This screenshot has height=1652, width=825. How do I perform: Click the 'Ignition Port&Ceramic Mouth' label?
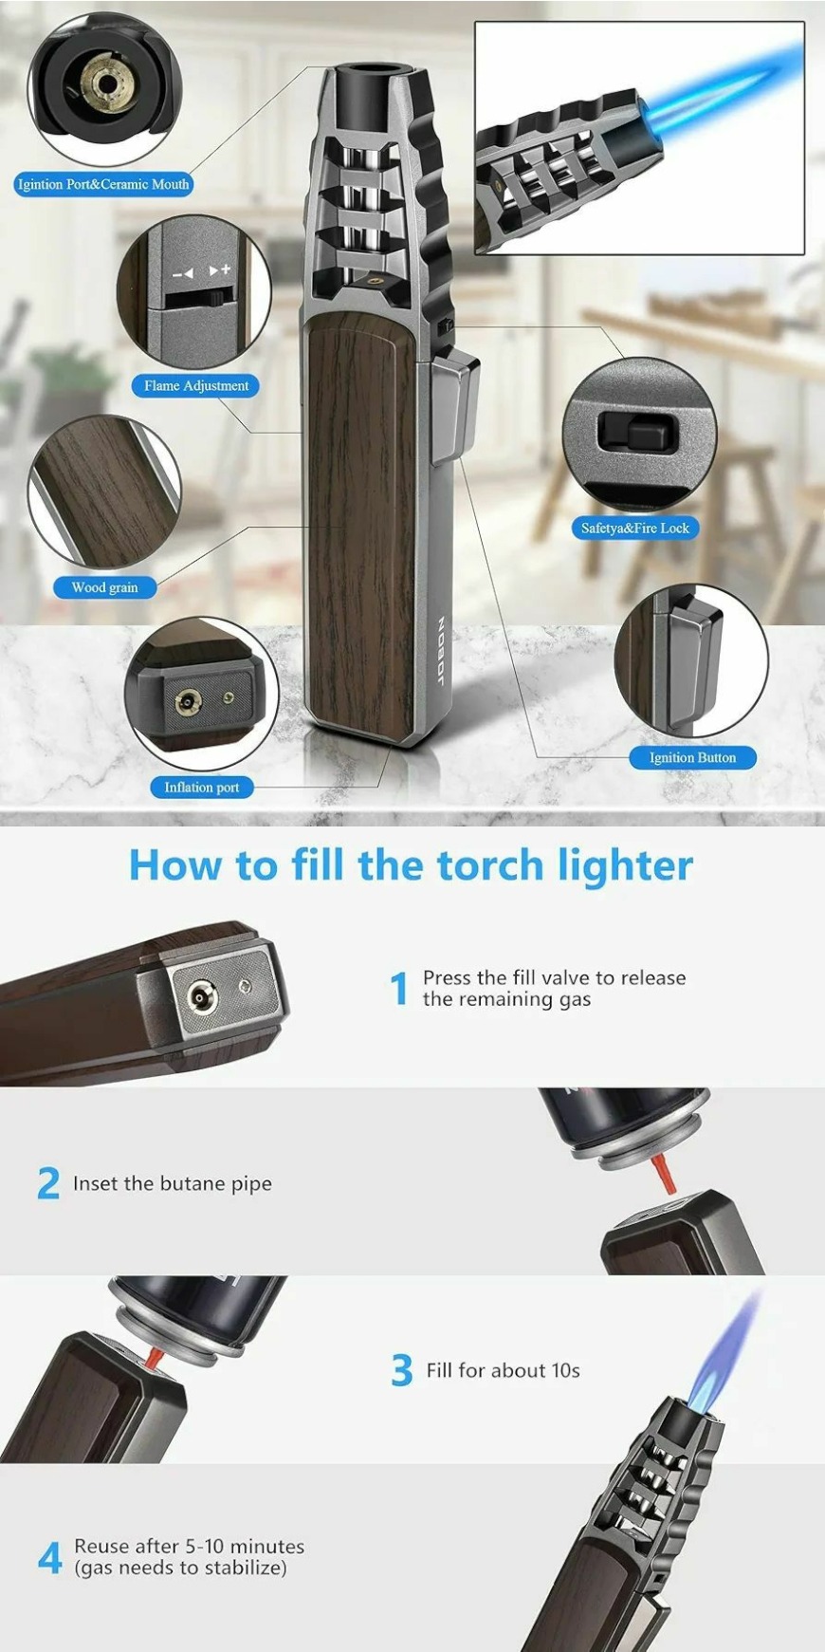103,184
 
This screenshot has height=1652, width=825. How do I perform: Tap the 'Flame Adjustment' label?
196,385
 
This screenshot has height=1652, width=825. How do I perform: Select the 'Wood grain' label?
104,587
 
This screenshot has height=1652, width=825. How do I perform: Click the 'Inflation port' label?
201,787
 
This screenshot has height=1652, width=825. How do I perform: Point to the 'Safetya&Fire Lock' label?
635,528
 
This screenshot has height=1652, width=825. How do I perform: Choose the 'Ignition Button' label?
692,757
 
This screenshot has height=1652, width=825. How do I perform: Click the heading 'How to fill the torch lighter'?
411,865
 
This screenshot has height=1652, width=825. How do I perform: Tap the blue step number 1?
400,988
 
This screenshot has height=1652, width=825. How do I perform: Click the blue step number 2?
48,1183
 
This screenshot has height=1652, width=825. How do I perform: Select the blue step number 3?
402,1370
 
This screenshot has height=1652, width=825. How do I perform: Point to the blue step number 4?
50,1556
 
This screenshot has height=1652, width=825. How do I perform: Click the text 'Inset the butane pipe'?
173,1183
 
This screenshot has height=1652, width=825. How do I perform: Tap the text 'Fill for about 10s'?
503,1370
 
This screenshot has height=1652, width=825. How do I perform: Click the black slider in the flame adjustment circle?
195,300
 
